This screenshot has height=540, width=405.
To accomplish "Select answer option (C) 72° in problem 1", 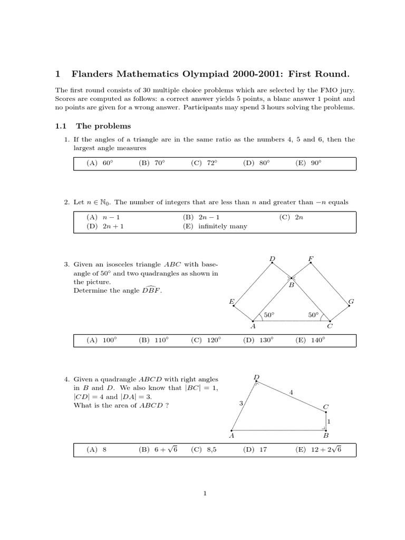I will (x=205, y=163).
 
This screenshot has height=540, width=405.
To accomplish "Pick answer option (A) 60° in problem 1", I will (x=100, y=163).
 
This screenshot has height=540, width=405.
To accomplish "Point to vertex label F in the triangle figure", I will (x=311, y=258).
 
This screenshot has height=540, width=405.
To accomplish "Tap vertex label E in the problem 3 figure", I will (x=231, y=301).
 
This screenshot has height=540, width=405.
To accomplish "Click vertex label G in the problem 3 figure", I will (x=351, y=301).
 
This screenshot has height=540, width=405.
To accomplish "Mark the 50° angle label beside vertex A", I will (x=269, y=315).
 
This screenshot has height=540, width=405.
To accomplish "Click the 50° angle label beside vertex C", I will (x=313, y=315).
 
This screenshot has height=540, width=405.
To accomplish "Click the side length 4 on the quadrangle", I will (x=291, y=392).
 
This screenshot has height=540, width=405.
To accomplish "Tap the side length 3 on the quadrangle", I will (x=241, y=403).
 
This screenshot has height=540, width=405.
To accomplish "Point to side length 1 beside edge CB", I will (x=329, y=421).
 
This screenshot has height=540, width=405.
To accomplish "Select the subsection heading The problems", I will (x=103, y=126).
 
